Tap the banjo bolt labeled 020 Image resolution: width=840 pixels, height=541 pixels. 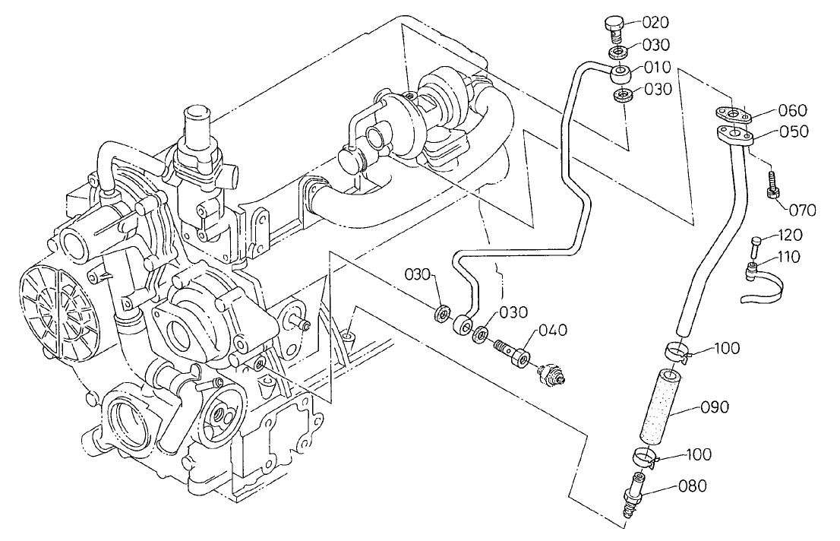pyautogui.click(x=614, y=29)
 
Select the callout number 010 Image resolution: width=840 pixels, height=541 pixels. pyautogui.click(x=657, y=67)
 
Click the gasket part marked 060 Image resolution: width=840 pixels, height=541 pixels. pyautogui.click(x=732, y=115)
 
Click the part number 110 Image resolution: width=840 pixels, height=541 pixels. pyautogui.click(x=788, y=257)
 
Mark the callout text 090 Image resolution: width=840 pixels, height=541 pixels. pyautogui.click(x=715, y=407)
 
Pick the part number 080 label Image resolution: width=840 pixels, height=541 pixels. pyautogui.click(x=693, y=484)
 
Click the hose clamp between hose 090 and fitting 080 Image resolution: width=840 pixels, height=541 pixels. pyautogui.click(x=643, y=458)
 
